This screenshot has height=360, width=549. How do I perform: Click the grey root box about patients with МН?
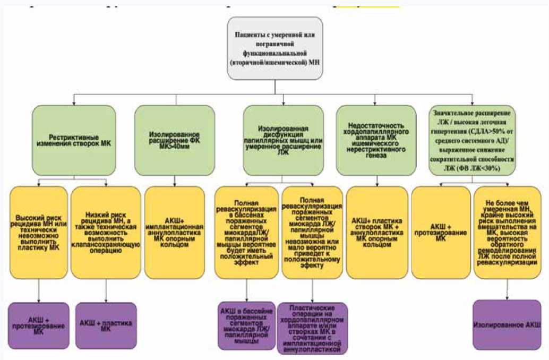pyautogui.click(x=275, y=48)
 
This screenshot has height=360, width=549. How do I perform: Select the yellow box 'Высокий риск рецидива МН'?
pyautogui.click(x=39, y=232)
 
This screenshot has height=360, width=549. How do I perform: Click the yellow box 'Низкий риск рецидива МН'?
pyautogui.click(x=106, y=232)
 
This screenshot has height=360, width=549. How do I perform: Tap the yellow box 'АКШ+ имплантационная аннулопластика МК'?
pyautogui.click(x=175, y=232)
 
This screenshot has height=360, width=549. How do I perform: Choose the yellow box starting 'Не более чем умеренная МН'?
pyautogui.click(x=507, y=232)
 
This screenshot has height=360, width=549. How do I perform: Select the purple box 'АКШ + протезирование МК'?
pyautogui.click(x=39, y=325)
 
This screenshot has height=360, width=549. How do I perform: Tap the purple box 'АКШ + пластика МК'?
pyautogui.click(x=106, y=325)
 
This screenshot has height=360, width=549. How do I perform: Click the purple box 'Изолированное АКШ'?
pyautogui.click(x=507, y=324)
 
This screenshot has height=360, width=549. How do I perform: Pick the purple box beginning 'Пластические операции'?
pyautogui.click(x=312, y=328)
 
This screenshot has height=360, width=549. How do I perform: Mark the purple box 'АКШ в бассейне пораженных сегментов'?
pyautogui.click(x=246, y=325)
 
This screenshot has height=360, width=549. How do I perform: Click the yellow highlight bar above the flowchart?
pyautogui.click(x=367, y=5)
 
